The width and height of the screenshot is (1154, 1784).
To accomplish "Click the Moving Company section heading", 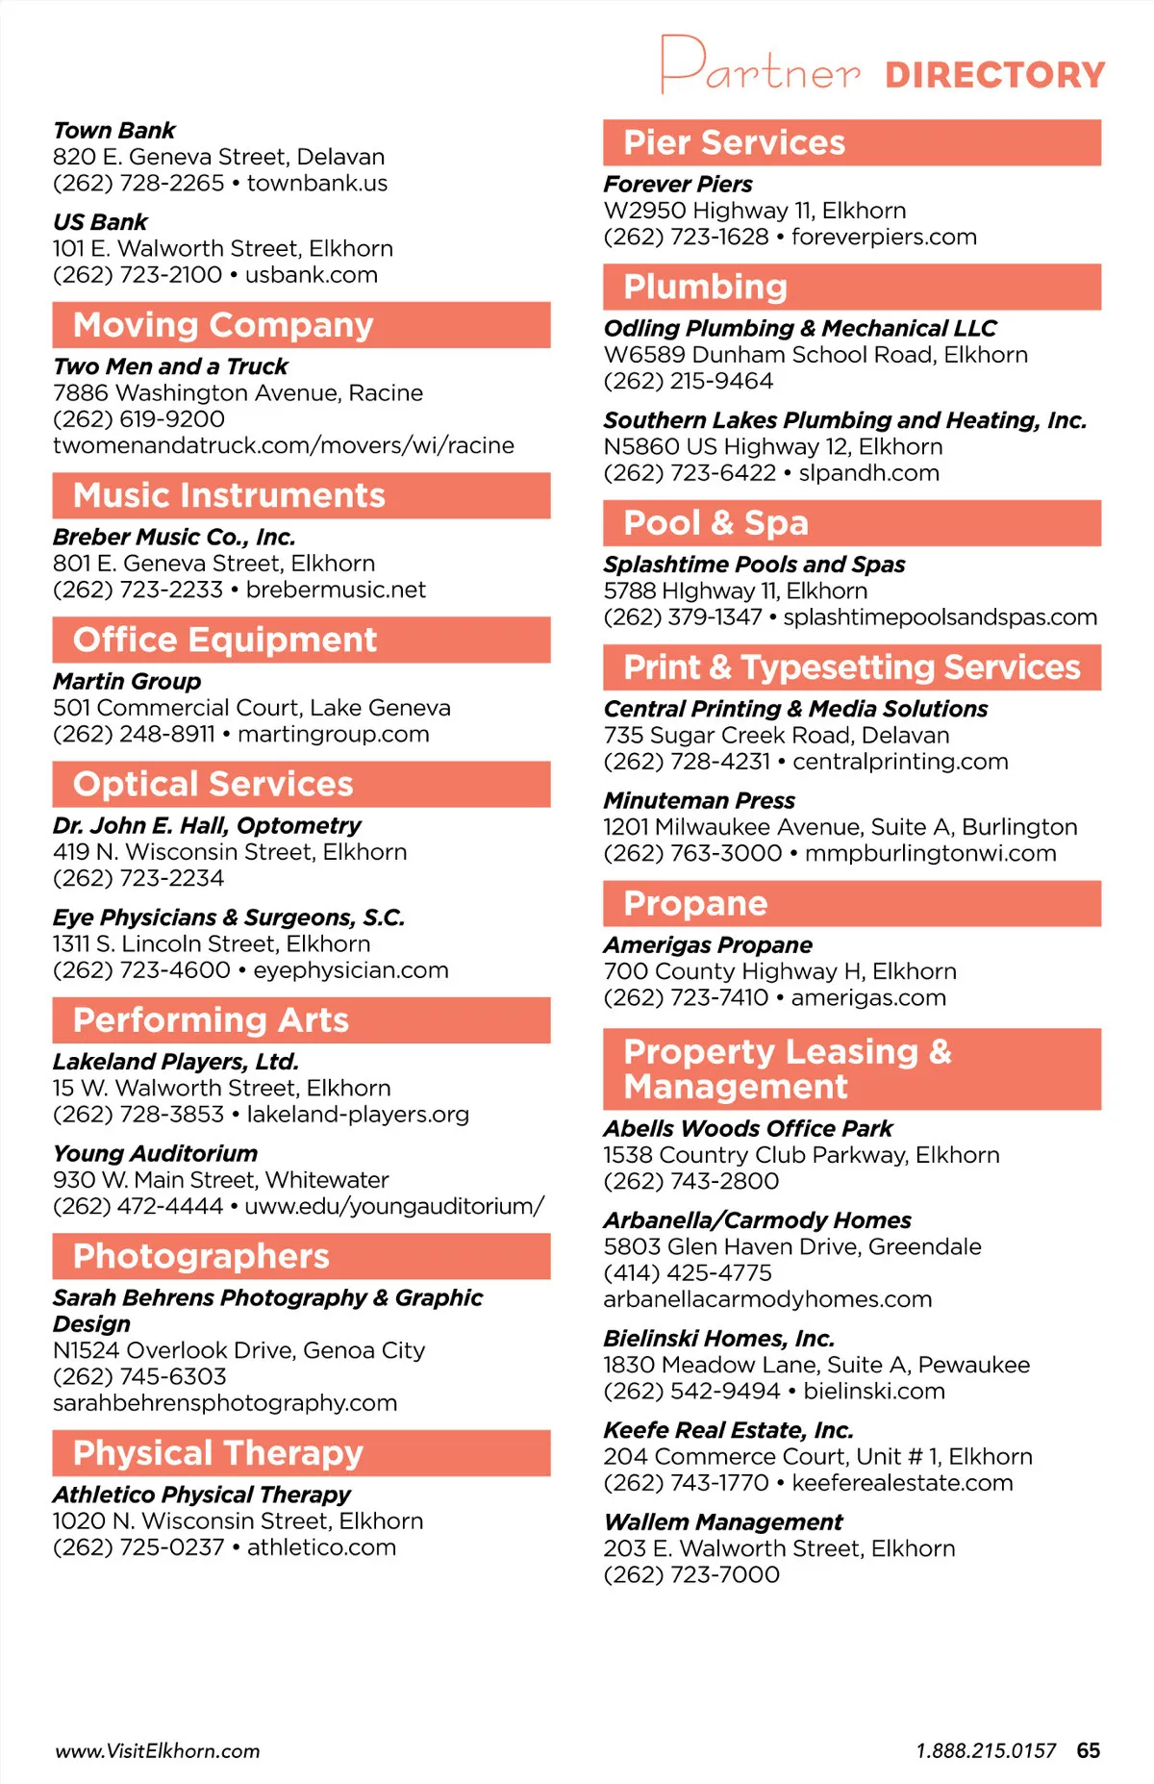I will (223, 325).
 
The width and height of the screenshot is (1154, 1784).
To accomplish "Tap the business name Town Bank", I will (114, 130).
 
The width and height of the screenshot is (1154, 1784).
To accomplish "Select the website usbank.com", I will (311, 275).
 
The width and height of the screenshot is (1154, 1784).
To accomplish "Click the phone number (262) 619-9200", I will (138, 419).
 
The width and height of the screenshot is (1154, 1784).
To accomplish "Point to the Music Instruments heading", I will (229, 495).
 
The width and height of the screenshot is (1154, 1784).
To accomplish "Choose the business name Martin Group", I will (127, 681).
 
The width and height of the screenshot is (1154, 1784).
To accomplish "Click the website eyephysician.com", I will (350, 970).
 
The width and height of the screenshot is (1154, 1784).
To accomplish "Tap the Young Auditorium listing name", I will (155, 1153).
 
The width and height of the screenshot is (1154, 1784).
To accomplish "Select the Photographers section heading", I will (201, 1256).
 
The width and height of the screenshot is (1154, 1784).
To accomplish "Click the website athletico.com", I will (321, 1547).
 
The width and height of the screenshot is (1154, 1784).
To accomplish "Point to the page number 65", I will (1089, 1750).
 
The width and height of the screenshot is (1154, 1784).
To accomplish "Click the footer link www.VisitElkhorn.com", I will (158, 1751).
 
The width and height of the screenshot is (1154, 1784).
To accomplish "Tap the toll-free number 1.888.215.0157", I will (986, 1751).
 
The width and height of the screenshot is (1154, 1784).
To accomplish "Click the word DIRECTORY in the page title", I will (994, 75).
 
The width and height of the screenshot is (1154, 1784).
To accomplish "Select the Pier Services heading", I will (734, 142).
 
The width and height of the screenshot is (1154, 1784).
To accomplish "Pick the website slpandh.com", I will (868, 473).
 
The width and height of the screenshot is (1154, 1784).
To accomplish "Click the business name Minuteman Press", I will (699, 800).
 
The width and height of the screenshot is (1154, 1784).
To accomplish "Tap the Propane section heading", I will (695, 903).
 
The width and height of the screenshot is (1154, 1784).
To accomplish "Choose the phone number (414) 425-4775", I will (688, 1273).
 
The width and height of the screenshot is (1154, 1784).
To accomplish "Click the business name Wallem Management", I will (723, 1522).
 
